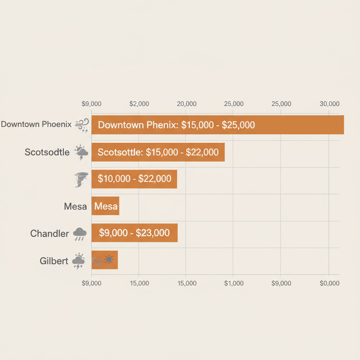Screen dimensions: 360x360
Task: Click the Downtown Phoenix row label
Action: click(36, 124)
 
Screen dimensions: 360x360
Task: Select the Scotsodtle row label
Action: click(47, 152)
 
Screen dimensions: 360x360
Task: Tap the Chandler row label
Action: click(50, 233)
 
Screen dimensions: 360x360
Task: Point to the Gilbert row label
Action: click(54, 261)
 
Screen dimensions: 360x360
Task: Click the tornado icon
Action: click(81, 179)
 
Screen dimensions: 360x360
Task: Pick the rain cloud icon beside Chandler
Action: click(80, 233)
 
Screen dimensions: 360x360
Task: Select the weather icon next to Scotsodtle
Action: click(81, 153)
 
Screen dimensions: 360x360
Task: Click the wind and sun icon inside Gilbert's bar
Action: click(103, 260)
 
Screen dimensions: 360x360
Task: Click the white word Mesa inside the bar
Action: click(106, 206)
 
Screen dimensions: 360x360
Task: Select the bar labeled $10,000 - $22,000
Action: click(134, 179)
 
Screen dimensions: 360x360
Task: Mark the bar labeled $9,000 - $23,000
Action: click(134, 233)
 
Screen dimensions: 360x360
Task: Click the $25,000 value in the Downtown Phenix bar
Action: click(238, 125)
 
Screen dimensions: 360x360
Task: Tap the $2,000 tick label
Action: click(139, 104)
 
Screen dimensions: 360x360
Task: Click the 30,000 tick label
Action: click(329, 104)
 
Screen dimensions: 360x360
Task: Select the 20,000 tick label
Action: click(186, 104)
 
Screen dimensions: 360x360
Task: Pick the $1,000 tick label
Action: click(234, 283)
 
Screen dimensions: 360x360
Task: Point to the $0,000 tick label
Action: click(329, 283)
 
